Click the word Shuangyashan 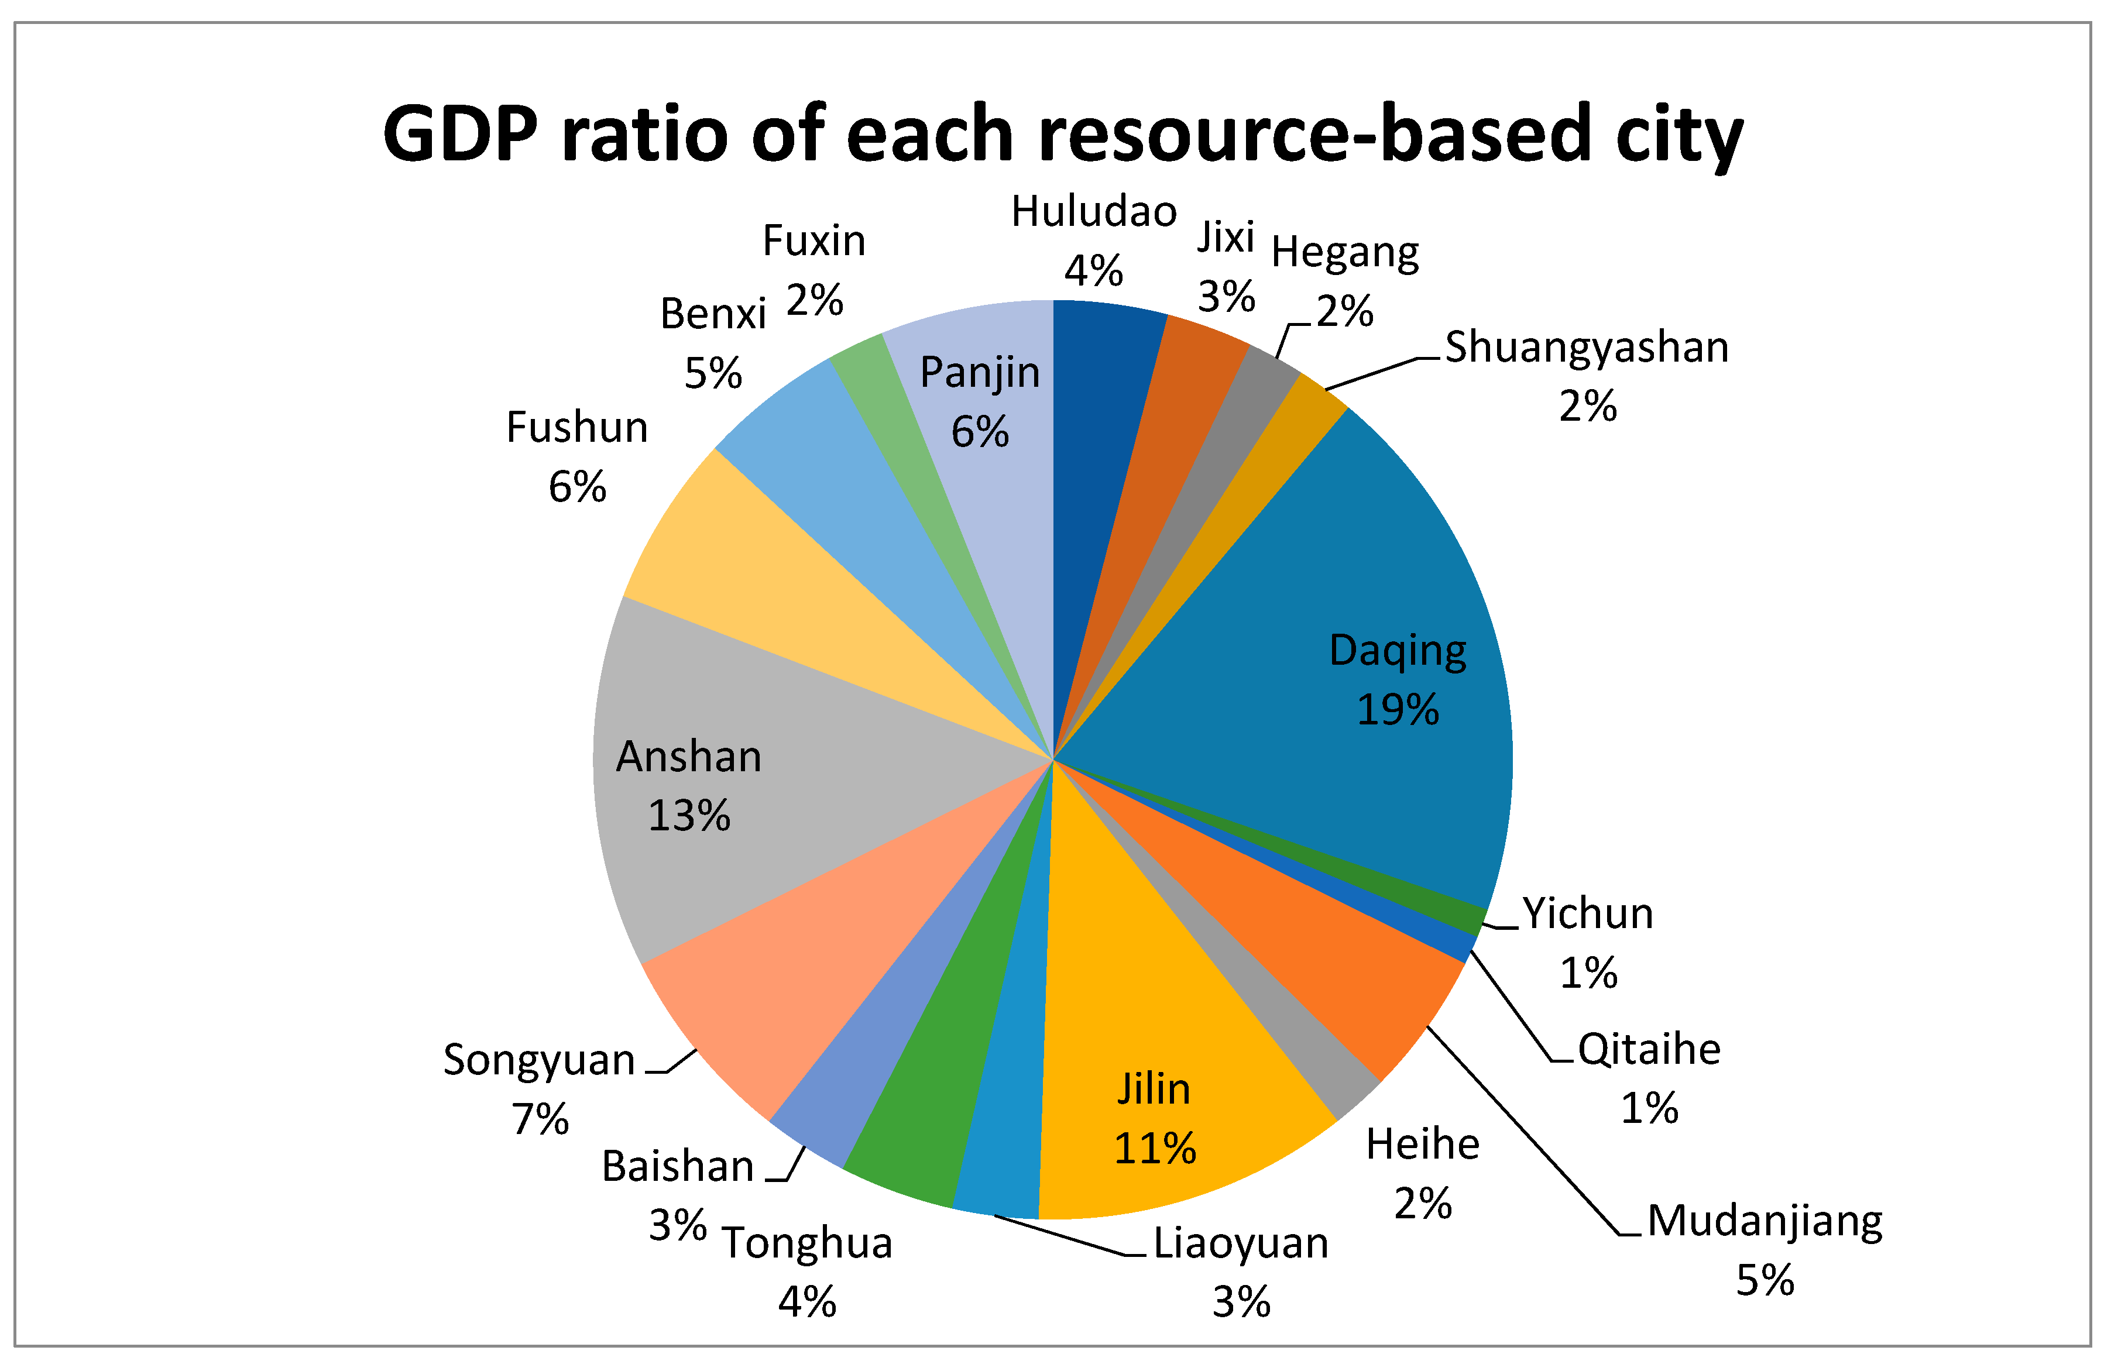coord(1585,347)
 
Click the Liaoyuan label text coord(1240,1243)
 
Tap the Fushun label coord(576,428)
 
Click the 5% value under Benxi coord(712,374)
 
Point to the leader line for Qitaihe coord(1515,1010)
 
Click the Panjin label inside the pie coord(980,372)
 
